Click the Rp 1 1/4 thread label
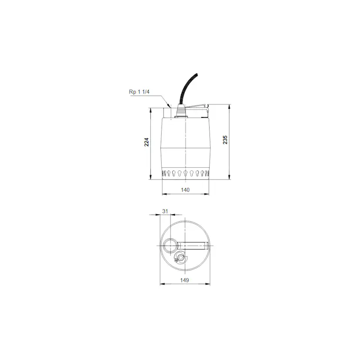click(x=139, y=92)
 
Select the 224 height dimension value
click(x=147, y=142)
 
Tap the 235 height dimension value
click(x=225, y=140)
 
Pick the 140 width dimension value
click(x=185, y=190)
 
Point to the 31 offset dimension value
click(x=165, y=211)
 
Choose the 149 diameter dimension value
click(x=185, y=280)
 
